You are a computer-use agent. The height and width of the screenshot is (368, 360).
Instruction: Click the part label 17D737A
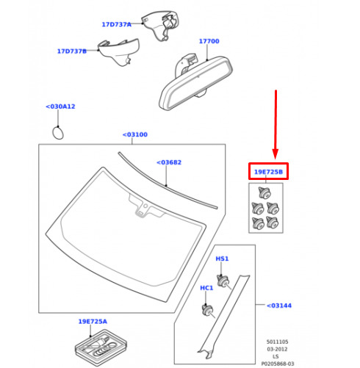click(x=117, y=24)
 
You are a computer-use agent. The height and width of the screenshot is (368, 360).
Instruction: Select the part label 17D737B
click(x=72, y=51)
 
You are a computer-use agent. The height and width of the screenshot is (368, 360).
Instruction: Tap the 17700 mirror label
click(x=209, y=41)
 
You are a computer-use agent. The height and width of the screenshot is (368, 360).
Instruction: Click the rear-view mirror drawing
click(x=195, y=82)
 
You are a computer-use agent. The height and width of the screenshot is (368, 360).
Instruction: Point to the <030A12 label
click(x=60, y=107)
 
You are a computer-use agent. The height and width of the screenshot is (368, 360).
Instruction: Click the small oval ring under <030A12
click(x=58, y=133)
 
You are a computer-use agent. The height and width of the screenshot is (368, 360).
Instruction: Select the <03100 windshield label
click(x=135, y=134)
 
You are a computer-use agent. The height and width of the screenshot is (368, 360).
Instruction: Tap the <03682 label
click(x=169, y=162)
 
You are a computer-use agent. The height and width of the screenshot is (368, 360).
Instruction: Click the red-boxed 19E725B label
click(x=268, y=172)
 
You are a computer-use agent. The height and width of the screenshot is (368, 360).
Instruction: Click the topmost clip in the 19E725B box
click(x=264, y=192)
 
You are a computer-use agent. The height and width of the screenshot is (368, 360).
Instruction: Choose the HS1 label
click(x=222, y=259)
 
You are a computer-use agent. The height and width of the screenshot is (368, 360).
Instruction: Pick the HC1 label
click(x=206, y=288)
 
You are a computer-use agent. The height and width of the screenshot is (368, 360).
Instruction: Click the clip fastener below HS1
click(x=223, y=281)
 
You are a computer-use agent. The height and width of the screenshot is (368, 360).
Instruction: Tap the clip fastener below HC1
click(x=208, y=311)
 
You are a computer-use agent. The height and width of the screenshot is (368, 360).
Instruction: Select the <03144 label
click(x=279, y=306)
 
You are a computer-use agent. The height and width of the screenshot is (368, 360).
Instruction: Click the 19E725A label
click(x=93, y=321)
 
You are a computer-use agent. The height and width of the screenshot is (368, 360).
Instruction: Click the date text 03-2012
click(x=277, y=349)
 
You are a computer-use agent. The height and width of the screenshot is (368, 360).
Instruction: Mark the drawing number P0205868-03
click(x=278, y=364)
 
